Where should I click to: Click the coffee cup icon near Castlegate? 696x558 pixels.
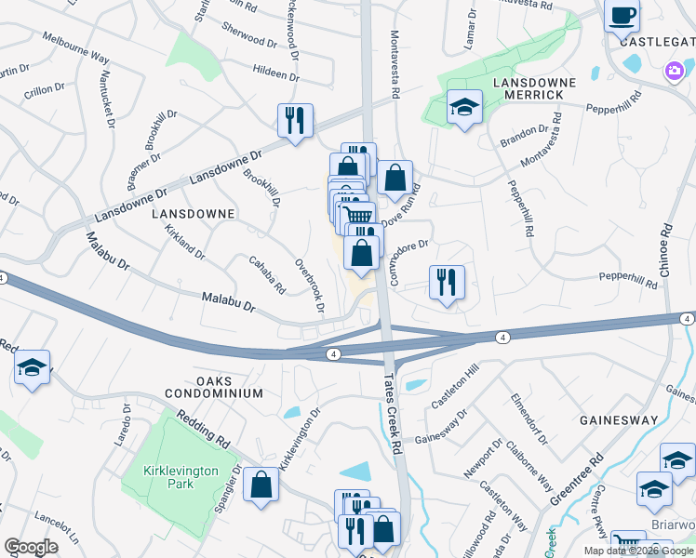click(x=622, y=16)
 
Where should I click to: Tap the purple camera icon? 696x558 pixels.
click(x=675, y=70)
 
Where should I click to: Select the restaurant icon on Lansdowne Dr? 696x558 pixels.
click(x=295, y=121)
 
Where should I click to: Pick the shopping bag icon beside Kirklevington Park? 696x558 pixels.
click(x=261, y=485)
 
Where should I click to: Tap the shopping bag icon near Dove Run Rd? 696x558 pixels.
click(x=395, y=178)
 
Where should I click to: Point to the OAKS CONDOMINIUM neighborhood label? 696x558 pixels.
click(x=217, y=387)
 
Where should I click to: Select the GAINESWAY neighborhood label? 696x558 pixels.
click(x=618, y=420)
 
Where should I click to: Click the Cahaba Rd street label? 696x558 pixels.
click(x=266, y=276)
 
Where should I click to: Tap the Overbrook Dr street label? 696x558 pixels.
click(x=311, y=285)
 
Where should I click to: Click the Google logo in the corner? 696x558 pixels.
click(x=31, y=547)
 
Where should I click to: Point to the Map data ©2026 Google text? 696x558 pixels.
click(x=638, y=551)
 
